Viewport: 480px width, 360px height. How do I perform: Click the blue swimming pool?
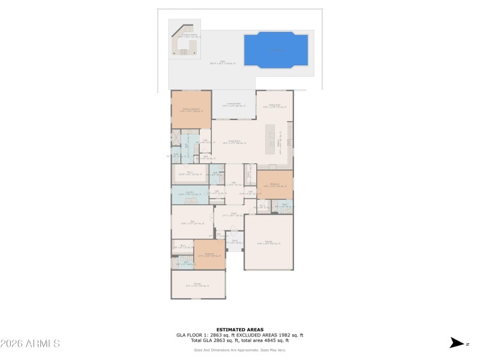pos(276,49)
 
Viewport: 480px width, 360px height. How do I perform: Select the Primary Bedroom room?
pos(191,110)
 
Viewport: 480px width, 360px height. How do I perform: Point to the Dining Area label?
pos(274,106)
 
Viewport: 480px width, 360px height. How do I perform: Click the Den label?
pos(192,222)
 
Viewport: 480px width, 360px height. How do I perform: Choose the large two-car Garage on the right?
pos(268,242)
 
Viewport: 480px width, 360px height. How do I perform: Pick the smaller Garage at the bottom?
pos(198,285)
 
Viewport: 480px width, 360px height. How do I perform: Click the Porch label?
pos(235,241)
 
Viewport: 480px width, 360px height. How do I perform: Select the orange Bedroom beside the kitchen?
pos(275,185)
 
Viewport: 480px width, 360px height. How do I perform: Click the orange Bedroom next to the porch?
pos(209,255)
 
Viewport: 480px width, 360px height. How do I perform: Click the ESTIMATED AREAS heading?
pos(240,329)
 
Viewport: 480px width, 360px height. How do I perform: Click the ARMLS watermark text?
pos(30,344)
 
